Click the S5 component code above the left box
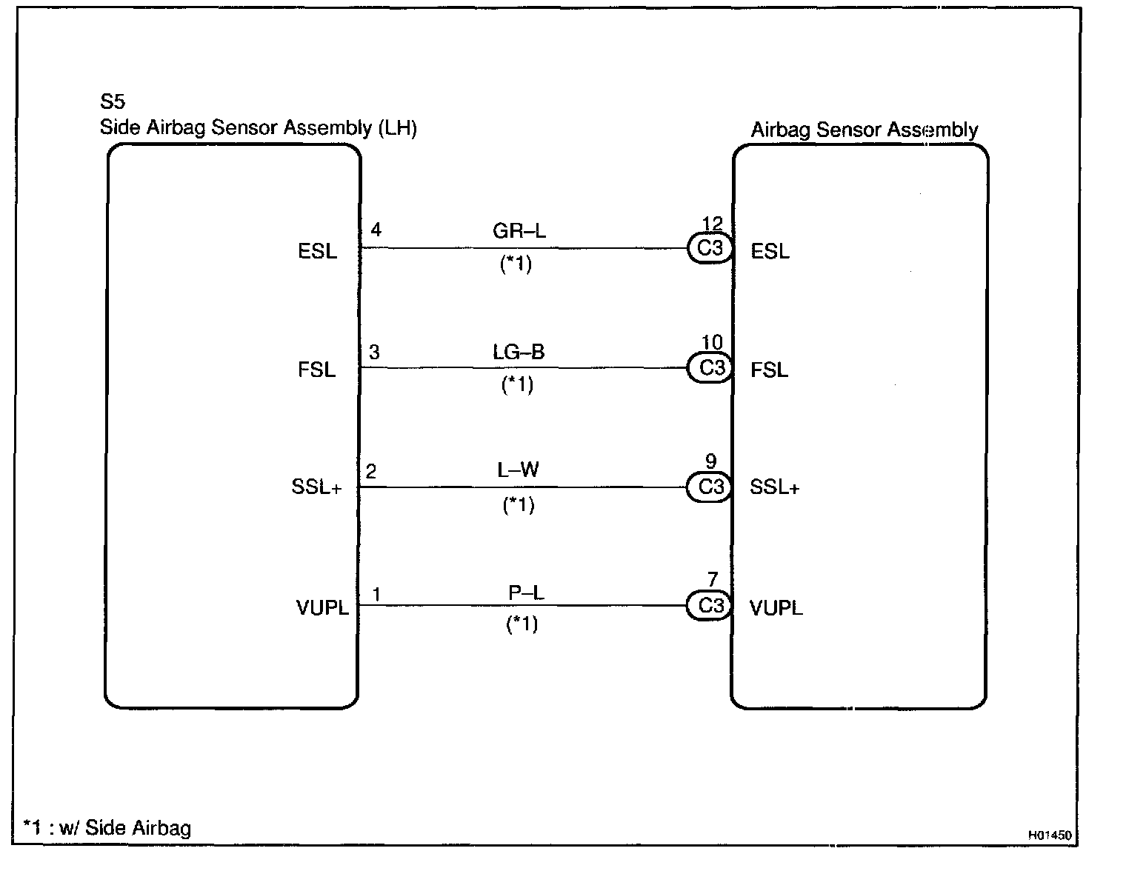click(113, 101)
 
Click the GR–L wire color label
click(519, 230)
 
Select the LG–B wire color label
click(519, 352)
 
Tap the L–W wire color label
click(518, 470)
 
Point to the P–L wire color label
click(526, 593)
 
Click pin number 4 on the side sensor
click(376, 230)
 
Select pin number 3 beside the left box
click(374, 352)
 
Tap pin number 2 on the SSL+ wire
click(371, 471)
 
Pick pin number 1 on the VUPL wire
click(377, 595)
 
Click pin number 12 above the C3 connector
click(712, 224)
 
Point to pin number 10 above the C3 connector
click(712, 342)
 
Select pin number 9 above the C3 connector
click(711, 461)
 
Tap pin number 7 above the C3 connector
click(713, 579)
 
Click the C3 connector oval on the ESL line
click(710, 248)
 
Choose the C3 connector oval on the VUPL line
click(709, 605)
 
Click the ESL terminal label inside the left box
click(317, 251)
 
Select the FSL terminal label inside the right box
click(770, 370)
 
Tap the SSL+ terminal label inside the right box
click(775, 487)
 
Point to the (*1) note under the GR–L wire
click(516, 264)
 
